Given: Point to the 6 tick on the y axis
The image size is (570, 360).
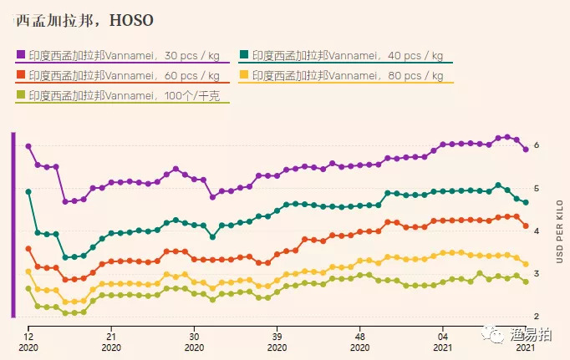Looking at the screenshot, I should (537, 146).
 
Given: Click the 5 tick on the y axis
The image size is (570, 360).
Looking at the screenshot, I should (537, 189).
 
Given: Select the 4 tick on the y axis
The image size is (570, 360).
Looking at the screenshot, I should (537, 231).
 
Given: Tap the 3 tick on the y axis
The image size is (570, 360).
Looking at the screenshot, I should (537, 274).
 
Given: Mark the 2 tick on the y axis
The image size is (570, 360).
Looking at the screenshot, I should (537, 317).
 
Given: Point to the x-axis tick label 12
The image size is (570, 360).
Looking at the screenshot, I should (28, 331).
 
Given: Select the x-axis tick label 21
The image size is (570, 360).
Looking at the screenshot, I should (110, 331).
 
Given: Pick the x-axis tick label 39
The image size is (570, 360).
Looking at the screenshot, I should (277, 331).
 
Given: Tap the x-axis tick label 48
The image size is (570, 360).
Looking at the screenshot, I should (359, 331).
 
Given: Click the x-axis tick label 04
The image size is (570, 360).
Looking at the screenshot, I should (443, 331).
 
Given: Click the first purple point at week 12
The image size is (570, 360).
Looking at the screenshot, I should (28, 146).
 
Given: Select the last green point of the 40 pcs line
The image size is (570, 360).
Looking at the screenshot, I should (526, 202).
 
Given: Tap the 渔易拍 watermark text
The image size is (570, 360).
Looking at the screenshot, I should (532, 332).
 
